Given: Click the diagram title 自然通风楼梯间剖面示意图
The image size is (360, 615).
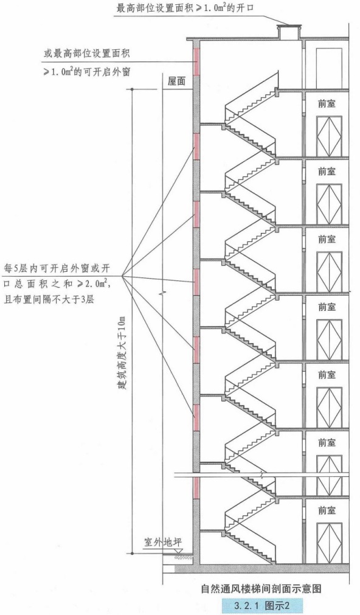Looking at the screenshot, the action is coord(261,588).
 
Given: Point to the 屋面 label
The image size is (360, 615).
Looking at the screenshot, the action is coord(176,81).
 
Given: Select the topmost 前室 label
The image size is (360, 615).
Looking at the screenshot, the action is coord(327,104).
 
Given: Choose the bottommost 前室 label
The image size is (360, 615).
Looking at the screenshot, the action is coord(327,510).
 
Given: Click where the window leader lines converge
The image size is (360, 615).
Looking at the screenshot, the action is coord(122,276).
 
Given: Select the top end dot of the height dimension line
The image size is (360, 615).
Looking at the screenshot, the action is coord(132,89).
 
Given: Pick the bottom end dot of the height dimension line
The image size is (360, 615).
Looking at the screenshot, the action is coord(132,553).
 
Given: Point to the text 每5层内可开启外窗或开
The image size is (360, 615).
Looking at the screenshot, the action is coord(56,269).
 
